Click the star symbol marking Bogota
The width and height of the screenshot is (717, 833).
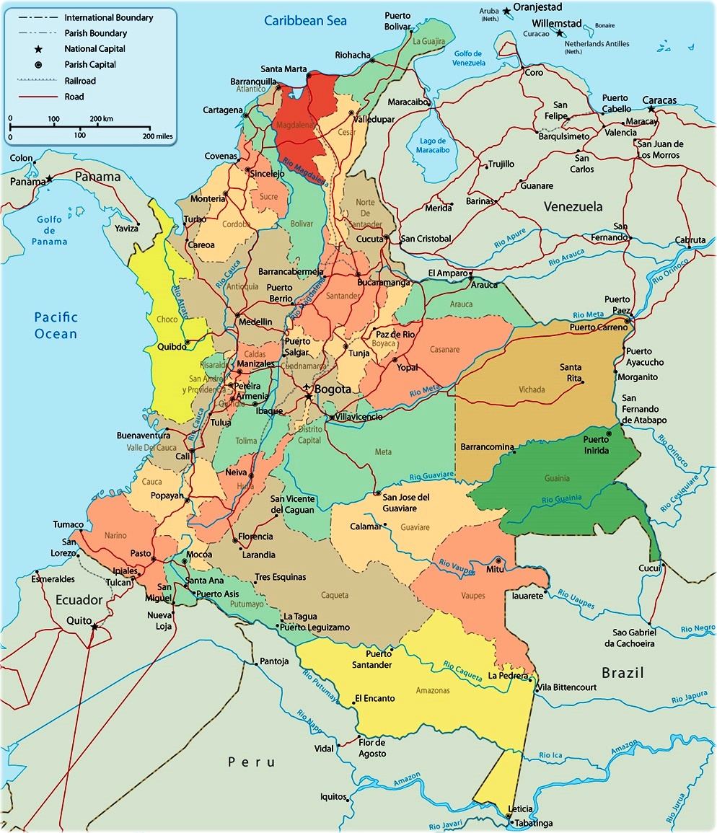pos(308,396)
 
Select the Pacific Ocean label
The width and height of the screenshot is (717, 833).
pos(56,325)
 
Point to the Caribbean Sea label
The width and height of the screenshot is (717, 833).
pos(305,20)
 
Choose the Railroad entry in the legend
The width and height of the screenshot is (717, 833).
pos(79,81)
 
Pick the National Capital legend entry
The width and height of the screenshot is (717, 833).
pos(94,49)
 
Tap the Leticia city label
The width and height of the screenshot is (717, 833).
pos(521,809)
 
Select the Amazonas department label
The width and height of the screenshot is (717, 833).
pos(432,690)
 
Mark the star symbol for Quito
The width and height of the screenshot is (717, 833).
pos(94,627)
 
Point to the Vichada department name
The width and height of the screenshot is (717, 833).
pos(532,389)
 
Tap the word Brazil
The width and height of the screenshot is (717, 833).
pos(623,673)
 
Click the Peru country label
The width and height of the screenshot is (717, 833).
pos(252,762)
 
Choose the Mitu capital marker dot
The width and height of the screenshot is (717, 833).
pos(499,560)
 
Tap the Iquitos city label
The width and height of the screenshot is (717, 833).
pos(334,797)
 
